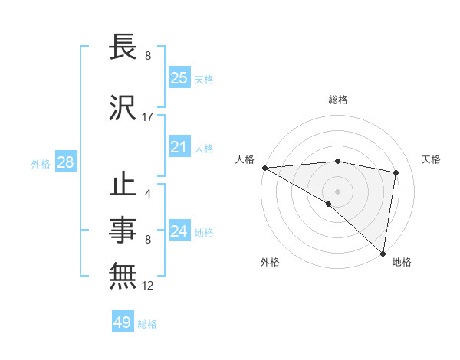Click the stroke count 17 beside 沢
148,117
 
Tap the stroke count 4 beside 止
147,193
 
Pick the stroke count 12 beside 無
148,286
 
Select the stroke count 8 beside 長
147,56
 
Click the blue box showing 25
179,78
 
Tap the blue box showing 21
179,147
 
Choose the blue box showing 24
179,231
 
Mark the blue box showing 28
65,162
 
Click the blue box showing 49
123,322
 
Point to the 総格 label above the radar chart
338,100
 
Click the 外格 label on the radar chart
270,262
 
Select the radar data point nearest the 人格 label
264,168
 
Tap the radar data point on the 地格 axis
383,252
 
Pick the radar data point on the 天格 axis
396,172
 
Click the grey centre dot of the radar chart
337,191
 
